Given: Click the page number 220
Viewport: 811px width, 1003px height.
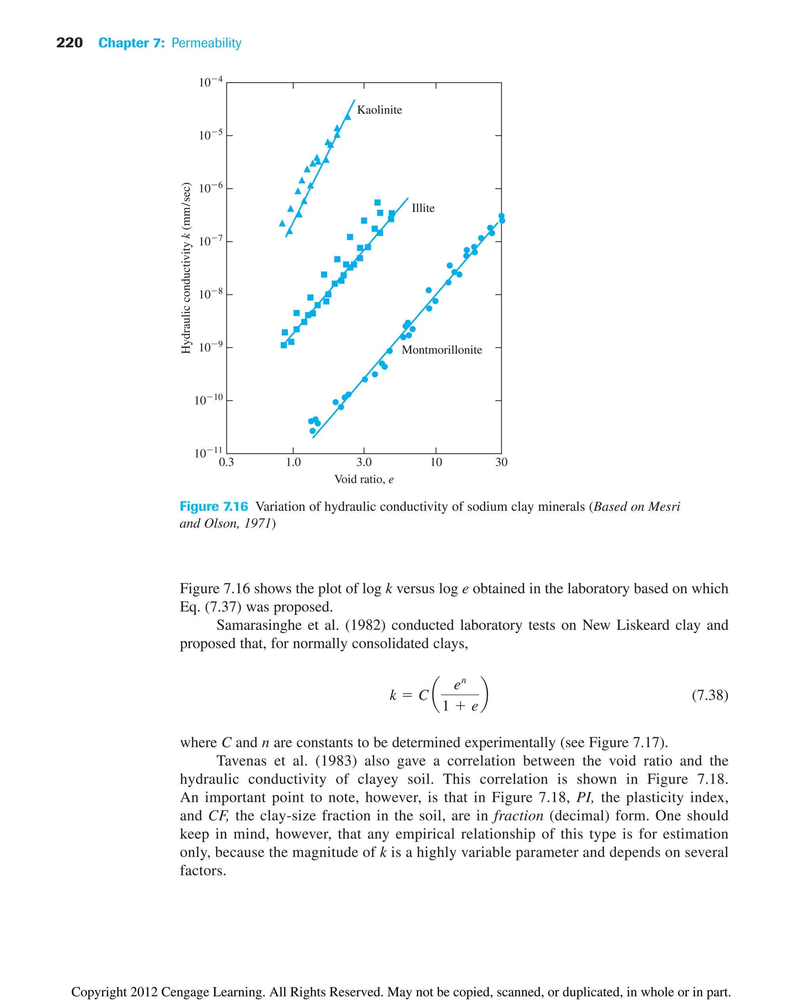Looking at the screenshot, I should point(69,43).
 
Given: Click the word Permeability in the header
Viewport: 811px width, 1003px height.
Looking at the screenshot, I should point(206,43).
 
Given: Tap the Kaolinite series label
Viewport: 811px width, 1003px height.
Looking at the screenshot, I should point(379,110).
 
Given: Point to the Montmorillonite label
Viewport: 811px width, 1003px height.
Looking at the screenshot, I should point(441,350).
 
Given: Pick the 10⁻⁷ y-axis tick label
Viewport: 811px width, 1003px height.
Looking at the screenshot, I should point(210,241).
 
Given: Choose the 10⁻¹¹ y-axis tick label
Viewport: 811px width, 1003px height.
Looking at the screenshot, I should point(208,453).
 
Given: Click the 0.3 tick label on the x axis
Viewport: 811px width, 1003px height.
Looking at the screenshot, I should point(226,462).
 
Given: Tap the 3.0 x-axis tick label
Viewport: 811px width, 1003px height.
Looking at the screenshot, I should point(364,462).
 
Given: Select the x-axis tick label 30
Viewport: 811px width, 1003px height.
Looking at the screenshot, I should point(501,462).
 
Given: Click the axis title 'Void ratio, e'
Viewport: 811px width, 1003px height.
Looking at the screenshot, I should point(364,479).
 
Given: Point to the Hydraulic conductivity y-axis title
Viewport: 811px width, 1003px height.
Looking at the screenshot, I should point(186,268).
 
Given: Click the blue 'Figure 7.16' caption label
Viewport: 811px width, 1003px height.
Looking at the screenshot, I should point(213,506).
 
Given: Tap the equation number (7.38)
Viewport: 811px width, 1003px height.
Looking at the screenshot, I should point(710,695).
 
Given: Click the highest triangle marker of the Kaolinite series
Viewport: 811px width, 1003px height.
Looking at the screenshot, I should point(347,117).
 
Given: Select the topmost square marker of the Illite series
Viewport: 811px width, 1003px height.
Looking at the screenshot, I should point(377,202).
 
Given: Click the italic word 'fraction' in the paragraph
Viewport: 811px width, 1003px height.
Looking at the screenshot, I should point(518,816).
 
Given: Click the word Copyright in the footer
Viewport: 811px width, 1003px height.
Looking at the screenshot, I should point(99,992).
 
